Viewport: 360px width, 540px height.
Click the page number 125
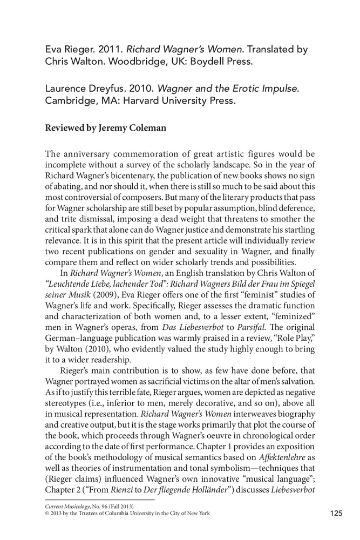coord(336,513)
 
